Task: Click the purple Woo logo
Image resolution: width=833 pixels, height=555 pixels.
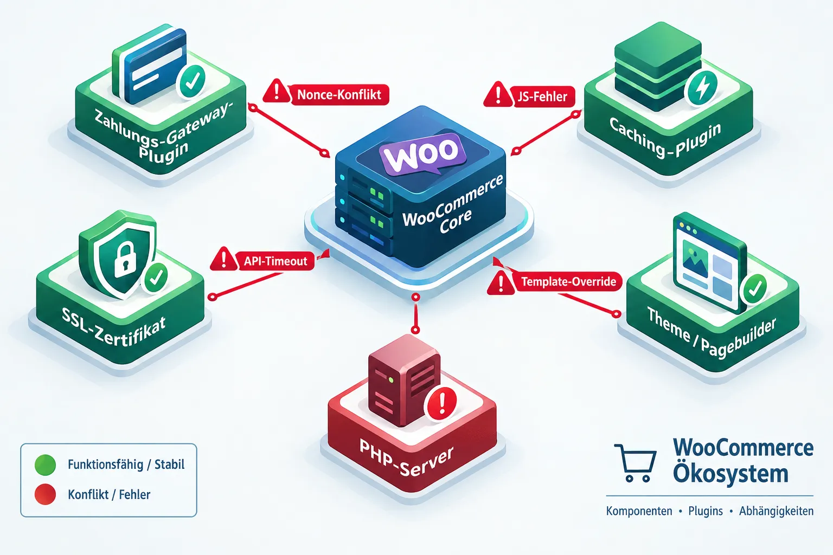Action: [423, 153]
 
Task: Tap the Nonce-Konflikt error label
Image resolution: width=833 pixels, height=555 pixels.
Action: [339, 95]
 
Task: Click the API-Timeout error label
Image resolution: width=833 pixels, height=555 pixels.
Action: [275, 261]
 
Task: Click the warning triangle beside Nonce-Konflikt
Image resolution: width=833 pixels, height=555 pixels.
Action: [276, 91]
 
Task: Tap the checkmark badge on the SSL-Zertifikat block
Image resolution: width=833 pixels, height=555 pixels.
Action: [156, 277]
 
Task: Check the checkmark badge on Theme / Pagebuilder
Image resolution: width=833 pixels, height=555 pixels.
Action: [754, 288]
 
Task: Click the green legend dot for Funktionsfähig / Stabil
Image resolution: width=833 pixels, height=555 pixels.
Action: [45, 464]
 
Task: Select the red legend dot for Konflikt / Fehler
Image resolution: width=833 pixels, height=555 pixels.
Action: [45, 494]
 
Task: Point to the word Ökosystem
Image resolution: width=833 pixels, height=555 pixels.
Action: [731, 473]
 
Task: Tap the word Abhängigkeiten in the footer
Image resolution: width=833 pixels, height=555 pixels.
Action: [776, 511]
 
